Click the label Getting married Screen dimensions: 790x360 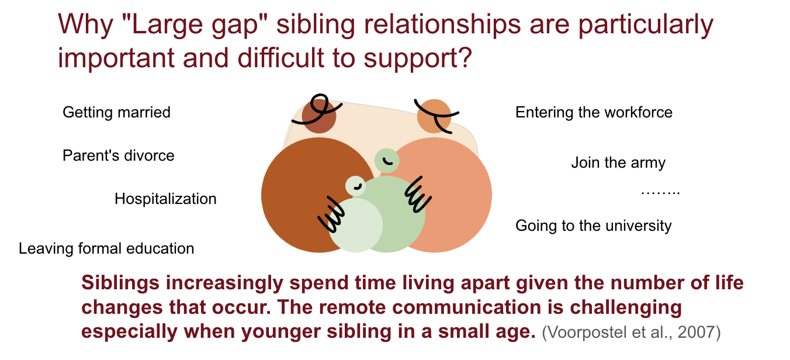116,113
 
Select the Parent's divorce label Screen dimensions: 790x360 119,155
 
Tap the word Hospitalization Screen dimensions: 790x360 165,199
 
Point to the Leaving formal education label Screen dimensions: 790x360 106,248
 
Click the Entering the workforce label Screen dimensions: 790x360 594,112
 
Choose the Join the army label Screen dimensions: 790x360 618,163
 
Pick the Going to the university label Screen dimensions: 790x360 594,226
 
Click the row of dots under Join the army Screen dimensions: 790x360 660,193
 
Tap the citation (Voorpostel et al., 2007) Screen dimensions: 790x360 631,332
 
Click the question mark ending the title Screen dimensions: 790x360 466,58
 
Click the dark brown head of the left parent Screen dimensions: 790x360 319,116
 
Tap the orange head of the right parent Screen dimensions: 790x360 434,116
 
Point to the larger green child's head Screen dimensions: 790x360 387,161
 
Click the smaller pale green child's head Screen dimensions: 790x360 355,186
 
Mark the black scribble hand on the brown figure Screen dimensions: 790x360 331,214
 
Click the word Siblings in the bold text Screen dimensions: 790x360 120,283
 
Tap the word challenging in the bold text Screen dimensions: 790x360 626,307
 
